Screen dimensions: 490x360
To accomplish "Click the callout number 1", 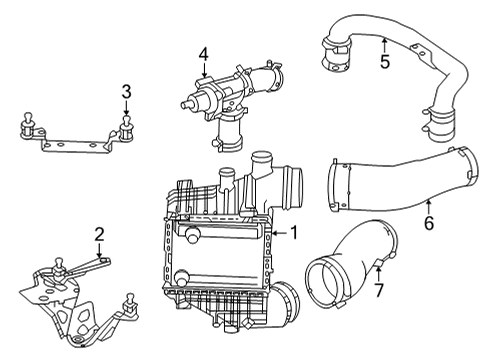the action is click(x=294, y=232).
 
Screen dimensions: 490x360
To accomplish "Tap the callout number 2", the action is click(x=99, y=234).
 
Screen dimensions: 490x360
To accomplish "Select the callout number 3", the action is click(x=126, y=92).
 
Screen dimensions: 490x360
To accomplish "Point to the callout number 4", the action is click(x=204, y=54).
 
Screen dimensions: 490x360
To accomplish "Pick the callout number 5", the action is click(x=385, y=62).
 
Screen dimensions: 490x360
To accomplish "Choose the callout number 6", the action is click(x=429, y=223).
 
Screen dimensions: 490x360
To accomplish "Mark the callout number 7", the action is click(x=379, y=290).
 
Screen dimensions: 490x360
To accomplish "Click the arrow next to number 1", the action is click(x=279, y=233).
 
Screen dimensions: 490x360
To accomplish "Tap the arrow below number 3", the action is click(x=126, y=108).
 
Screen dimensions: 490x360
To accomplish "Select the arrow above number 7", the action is click(x=378, y=273).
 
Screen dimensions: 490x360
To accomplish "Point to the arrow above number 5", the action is click(x=384, y=45).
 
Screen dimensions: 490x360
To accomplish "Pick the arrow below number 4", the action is click(x=204, y=70).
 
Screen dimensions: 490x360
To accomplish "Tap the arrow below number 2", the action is click(x=99, y=250).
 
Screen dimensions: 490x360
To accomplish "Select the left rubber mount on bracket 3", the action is click(x=28, y=126).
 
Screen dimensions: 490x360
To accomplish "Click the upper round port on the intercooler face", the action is click(x=193, y=235).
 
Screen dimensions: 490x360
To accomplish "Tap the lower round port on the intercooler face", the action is click(x=182, y=278).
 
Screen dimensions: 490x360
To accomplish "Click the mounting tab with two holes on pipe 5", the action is click(x=421, y=53).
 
